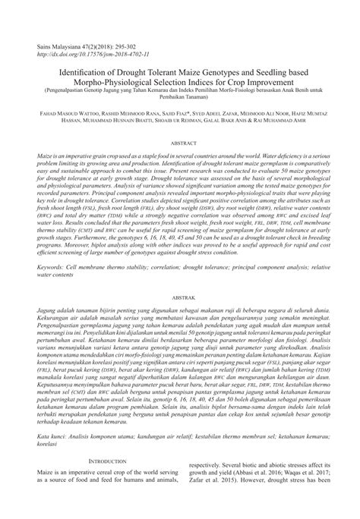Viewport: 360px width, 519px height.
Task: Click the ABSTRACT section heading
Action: [180, 143]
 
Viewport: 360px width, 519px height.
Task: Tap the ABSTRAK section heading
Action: [180, 277]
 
